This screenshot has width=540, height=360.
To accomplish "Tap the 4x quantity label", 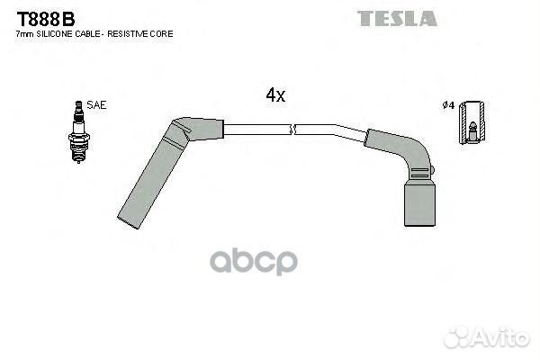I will (274, 94).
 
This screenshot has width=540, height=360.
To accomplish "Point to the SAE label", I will (97, 105).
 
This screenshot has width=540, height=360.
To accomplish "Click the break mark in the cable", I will (293, 130).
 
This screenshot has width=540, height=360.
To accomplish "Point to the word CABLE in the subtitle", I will (89, 33).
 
